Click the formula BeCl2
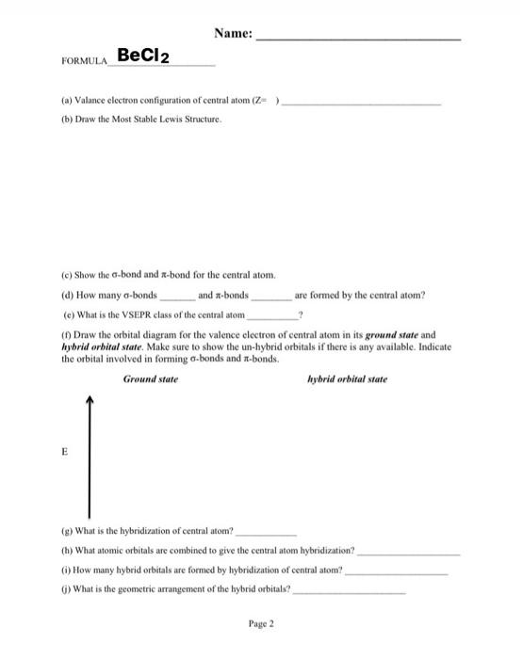(x=141, y=57)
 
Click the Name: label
(x=232, y=34)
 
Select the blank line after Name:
(x=359, y=39)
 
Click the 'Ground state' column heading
(x=150, y=379)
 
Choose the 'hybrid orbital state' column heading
(x=347, y=379)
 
